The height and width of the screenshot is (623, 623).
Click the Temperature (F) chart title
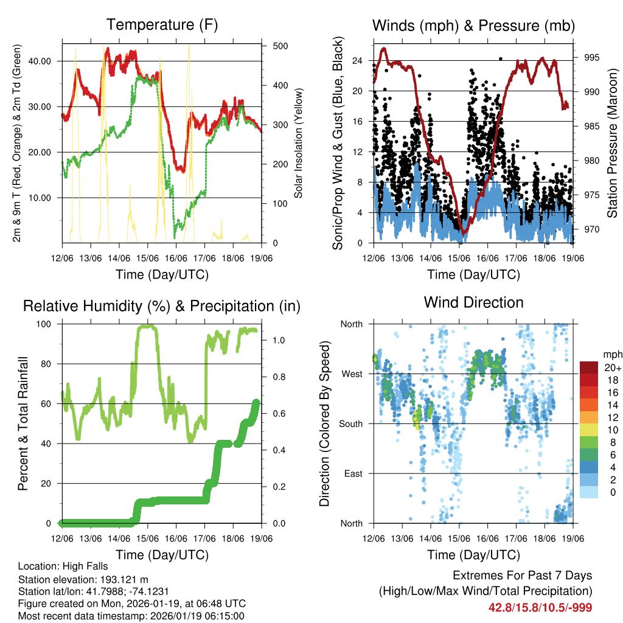(162, 25)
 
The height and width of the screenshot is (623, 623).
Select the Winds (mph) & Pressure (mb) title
(473, 26)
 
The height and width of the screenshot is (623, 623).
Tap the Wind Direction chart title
(473, 302)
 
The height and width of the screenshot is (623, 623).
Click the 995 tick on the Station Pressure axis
(592, 58)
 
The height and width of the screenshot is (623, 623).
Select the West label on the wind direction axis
(351, 374)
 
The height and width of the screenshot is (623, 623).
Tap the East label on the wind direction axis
(352, 473)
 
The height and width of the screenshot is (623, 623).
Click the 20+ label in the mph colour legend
(612, 367)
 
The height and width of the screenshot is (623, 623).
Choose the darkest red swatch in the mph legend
(589, 367)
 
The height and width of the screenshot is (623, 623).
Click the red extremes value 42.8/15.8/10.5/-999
(540, 607)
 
